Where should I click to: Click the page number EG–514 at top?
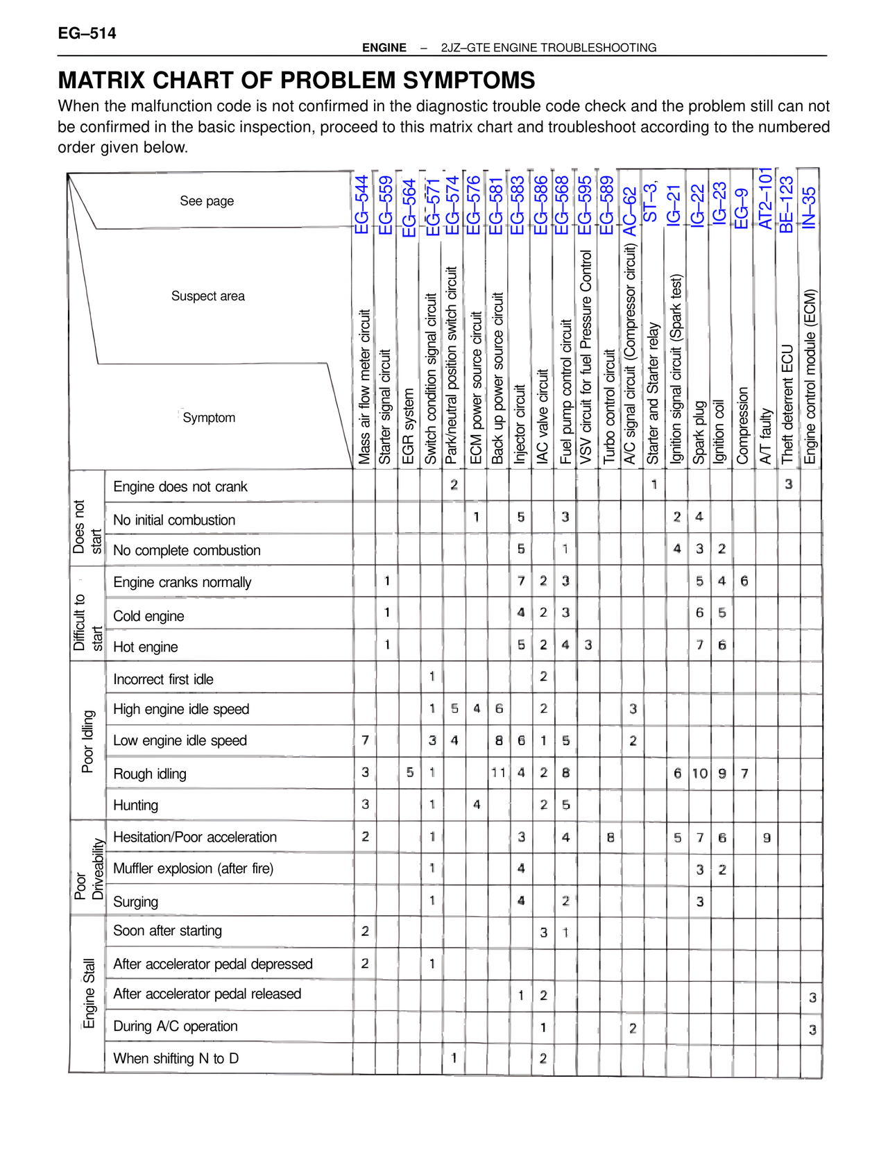[x=87, y=33]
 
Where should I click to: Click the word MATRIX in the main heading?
[x=102, y=80]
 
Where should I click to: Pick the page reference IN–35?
[x=809, y=207]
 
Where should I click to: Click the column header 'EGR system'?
[x=409, y=426]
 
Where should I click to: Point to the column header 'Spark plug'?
[x=699, y=432]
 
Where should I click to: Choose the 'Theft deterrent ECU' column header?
[x=787, y=404]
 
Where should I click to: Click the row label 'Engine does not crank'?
[x=180, y=486]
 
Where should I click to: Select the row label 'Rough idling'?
[x=150, y=774]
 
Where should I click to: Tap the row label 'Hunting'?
[x=136, y=805]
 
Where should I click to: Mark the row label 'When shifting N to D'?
[x=176, y=1058]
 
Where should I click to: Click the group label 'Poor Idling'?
[x=88, y=741]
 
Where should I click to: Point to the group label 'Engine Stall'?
[x=89, y=994]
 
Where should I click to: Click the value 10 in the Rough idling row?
[x=699, y=773]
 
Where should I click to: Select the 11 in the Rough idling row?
[x=498, y=772]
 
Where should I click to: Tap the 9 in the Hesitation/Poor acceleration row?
[x=767, y=837]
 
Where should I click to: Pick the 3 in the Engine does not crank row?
[x=789, y=484]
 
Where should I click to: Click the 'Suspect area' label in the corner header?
[x=208, y=296]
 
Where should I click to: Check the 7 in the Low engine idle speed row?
[x=365, y=740]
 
